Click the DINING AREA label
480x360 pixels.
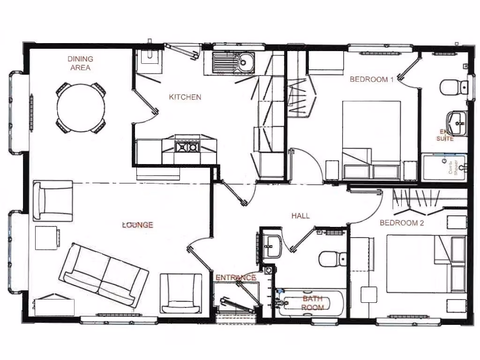pyautogui.click(x=80, y=63)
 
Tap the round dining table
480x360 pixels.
pyautogui.click(x=81, y=108)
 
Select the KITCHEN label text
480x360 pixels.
pyautogui.click(x=185, y=97)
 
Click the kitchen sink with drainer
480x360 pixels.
pyautogui.click(x=232, y=62)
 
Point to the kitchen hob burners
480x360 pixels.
pyautogui.click(x=186, y=148)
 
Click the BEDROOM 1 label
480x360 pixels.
pyautogui.click(x=372, y=79)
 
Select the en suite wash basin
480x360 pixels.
pyautogui.click(x=456, y=122)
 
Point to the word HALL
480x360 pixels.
pyautogui.click(x=300, y=216)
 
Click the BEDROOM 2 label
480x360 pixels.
pyautogui.click(x=402, y=223)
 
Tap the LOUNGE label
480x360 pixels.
pyautogui.click(x=137, y=225)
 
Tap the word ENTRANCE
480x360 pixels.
pyautogui.click(x=236, y=277)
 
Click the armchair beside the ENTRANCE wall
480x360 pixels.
pyautogui.click(x=181, y=293)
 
